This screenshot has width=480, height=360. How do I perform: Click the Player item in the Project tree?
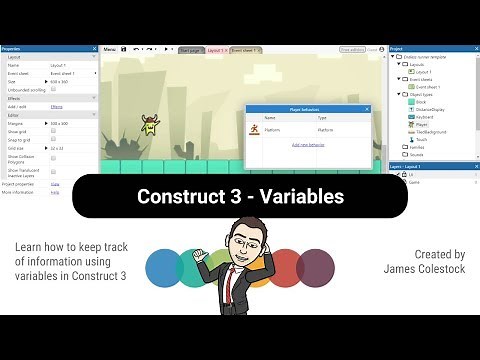point(421,124)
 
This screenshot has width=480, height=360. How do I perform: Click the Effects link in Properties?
point(56,105)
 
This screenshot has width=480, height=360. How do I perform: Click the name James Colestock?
point(424,269)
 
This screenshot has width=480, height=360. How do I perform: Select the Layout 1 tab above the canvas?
point(217,48)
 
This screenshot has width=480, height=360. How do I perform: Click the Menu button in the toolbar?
point(110,48)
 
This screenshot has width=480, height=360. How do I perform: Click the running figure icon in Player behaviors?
point(257,129)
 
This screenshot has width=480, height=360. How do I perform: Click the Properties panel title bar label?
point(14,48)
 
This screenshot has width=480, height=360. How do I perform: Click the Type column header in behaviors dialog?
point(324,117)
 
